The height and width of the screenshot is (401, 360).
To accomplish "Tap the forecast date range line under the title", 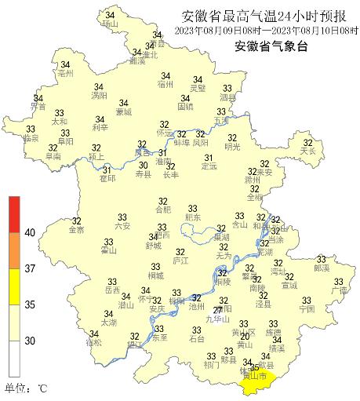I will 267,30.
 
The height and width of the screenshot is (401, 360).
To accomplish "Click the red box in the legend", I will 15,211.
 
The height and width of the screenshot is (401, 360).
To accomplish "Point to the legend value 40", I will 30,233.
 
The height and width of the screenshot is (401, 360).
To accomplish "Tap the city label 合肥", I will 162,210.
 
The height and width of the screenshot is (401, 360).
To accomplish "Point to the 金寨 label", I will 76,230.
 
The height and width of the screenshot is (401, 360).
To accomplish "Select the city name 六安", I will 122,226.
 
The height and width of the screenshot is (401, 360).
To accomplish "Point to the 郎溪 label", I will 321,268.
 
